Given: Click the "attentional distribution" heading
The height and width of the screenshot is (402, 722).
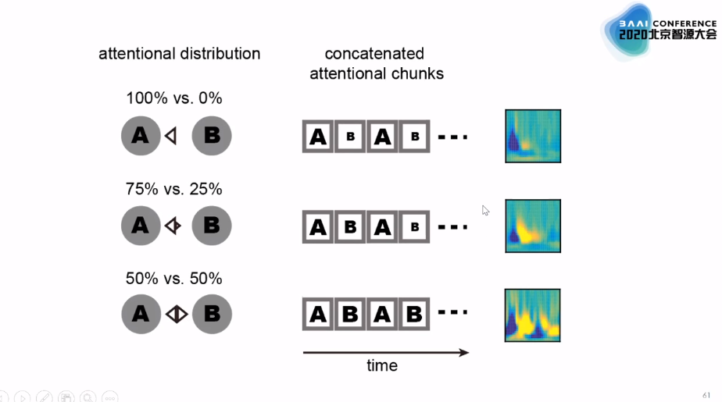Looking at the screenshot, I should point(179,54).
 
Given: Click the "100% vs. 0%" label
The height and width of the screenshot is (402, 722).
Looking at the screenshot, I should point(174,98).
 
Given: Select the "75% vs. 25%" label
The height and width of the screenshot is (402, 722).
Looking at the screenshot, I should point(174,189).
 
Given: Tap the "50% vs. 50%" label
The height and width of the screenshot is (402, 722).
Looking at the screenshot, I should point(174,279).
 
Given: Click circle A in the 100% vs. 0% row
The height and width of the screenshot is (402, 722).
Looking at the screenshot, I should point(141,136).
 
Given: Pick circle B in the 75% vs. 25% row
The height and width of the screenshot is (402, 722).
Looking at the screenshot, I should point(212,226).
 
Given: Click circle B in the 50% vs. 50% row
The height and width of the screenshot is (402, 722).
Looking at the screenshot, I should point(212,315).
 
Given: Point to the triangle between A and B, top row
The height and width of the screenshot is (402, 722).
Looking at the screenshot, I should point(171,136).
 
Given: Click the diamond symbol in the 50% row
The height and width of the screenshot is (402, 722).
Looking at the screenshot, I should point(177,315).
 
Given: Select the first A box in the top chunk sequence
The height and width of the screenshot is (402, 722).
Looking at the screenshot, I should point(318,137).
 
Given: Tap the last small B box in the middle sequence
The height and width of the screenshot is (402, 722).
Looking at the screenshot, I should point(415,226).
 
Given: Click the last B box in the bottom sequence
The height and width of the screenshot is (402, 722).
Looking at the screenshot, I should point(415,315).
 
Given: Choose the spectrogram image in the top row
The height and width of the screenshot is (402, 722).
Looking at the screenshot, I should point(533,136).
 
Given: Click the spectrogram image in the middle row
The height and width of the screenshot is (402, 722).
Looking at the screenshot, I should point(533,226).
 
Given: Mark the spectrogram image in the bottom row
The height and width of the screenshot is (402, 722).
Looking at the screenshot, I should point(533,315).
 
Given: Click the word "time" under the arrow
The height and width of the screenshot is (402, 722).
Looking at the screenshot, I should point(382,365).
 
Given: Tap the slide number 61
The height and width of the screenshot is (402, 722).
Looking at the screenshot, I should point(707,395).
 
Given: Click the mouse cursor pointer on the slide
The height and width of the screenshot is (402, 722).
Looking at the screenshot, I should point(485,209).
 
